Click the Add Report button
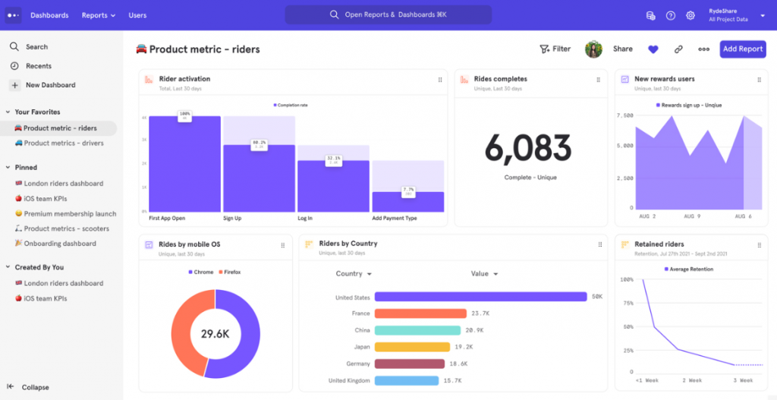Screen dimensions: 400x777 (x=742, y=49)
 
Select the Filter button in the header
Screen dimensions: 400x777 (x=555, y=49)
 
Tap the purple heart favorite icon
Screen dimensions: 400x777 (x=653, y=49)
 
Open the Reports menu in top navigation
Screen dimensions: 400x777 (x=99, y=15)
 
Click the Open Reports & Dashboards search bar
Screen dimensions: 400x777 (x=388, y=15)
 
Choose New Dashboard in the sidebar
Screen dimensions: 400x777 (x=50, y=85)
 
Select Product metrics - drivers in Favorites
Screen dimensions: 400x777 (x=63, y=143)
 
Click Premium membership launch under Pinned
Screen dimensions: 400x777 (x=70, y=214)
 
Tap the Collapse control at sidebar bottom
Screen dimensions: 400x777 (x=35, y=387)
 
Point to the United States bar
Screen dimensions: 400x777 (x=480, y=297)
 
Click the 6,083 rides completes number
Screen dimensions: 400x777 (x=527, y=148)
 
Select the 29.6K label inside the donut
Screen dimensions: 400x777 (x=215, y=334)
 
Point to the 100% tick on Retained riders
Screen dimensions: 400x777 (x=626, y=279)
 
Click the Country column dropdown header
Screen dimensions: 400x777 (x=354, y=274)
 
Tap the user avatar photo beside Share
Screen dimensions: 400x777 (x=593, y=49)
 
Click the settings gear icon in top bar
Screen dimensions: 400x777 (x=690, y=15)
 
